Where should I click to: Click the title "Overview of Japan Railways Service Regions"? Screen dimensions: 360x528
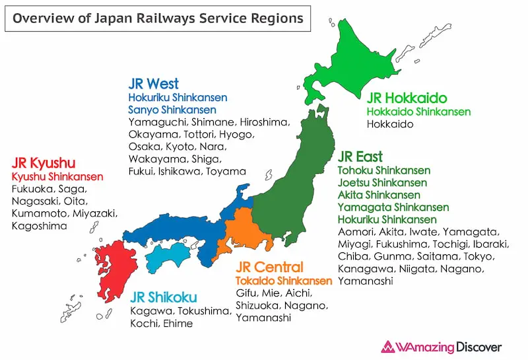click(x=158, y=18)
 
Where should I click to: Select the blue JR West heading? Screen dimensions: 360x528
click(x=153, y=84)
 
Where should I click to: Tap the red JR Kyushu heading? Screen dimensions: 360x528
click(x=44, y=162)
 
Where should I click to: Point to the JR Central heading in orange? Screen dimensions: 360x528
click(x=270, y=267)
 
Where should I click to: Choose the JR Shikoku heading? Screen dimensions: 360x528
click(x=164, y=297)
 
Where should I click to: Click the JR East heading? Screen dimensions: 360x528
click(x=360, y=157)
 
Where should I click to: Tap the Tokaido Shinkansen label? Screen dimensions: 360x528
click(x=284, y=281)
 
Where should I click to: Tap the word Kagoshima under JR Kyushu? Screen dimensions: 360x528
click(x=38, y=226)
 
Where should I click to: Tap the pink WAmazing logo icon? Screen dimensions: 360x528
click(x=387, y=347)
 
